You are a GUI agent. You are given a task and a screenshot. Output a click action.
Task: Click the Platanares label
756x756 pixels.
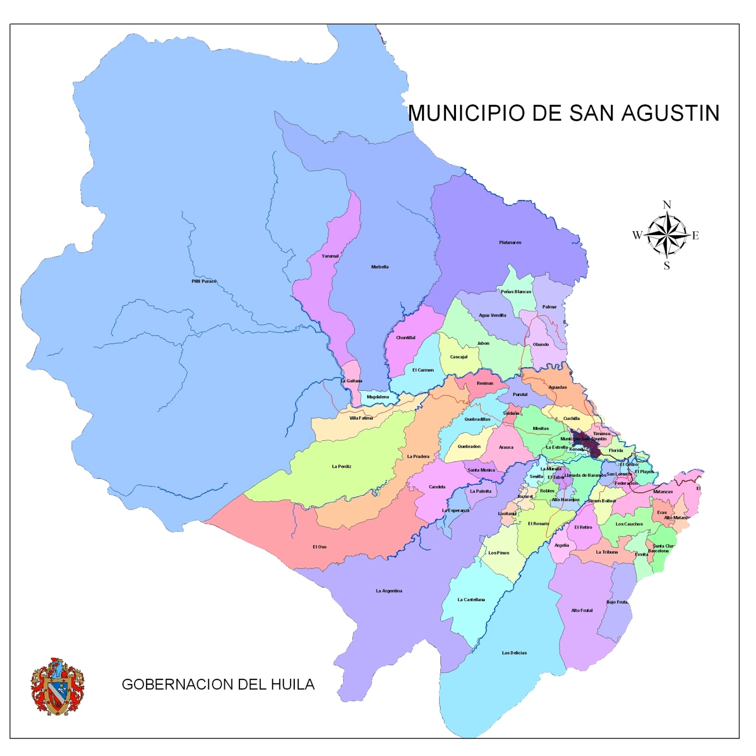click(510, 242)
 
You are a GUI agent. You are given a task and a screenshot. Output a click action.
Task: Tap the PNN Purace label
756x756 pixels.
click(204, 281)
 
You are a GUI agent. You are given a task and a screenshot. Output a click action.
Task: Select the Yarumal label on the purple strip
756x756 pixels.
click(330, 256)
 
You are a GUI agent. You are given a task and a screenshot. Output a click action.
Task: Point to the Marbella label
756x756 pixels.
click(379, 267)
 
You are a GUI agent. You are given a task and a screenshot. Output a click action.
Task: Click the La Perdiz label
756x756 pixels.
click(341, 466)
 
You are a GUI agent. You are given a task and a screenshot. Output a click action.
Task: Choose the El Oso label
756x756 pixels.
click(319, 547)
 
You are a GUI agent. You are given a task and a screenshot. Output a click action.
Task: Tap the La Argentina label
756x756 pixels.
click(389, 591)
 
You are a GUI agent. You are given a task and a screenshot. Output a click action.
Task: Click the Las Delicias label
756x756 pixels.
click(514, 653)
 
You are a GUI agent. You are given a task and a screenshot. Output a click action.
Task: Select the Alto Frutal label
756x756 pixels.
click(582, 610)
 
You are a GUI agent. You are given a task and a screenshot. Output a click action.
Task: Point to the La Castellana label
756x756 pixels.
click(471, 600)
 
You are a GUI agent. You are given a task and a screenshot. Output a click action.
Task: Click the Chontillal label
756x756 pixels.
click(405, 337)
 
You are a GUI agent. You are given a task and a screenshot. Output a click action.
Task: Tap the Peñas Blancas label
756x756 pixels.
click(516, 292)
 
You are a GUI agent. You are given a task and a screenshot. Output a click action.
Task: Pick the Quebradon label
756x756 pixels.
click(469, 446)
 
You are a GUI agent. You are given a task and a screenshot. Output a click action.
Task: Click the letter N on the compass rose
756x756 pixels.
click(667, 205)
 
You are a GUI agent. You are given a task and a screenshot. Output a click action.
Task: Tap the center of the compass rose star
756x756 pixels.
click(667, 234)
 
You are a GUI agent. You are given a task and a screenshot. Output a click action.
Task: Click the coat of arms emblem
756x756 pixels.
click(57, 686)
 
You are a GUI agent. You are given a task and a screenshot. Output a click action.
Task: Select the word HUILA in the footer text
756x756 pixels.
click(292, 684)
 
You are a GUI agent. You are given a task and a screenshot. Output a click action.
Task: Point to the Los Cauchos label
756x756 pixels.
click(629, 524)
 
